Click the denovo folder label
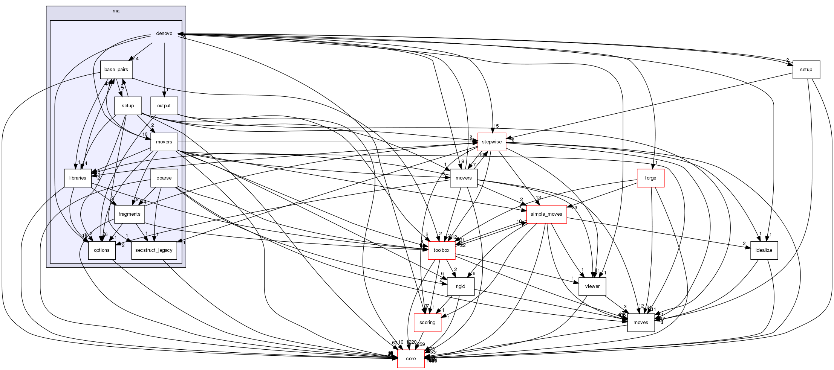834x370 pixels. tap(164, 33)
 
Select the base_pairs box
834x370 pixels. tap(116, 70)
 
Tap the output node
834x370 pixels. tap(164, 106)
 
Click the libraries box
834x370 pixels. tap(78, 178)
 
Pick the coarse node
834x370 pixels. tap(164, 178)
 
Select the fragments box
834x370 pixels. tap(129, 214)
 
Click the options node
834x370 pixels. tap(102, 250)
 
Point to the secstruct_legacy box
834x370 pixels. tap(154, 250)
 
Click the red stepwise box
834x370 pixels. tap(492, 142)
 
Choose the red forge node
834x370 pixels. tap(650, 178)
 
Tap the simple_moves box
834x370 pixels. tap(546, 214)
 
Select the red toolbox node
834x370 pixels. tap(442, 250)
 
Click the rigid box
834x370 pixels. tap(461, 286)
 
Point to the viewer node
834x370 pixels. tap(592, 286)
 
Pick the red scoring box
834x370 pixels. tap(427, 323)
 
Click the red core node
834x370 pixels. tap(411, 359)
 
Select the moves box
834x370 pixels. tap(641, 323)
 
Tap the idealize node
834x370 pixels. tap(764, 250)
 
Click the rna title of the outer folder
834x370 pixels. tap(116, 11)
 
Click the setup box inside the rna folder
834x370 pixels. tap(128, 106)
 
